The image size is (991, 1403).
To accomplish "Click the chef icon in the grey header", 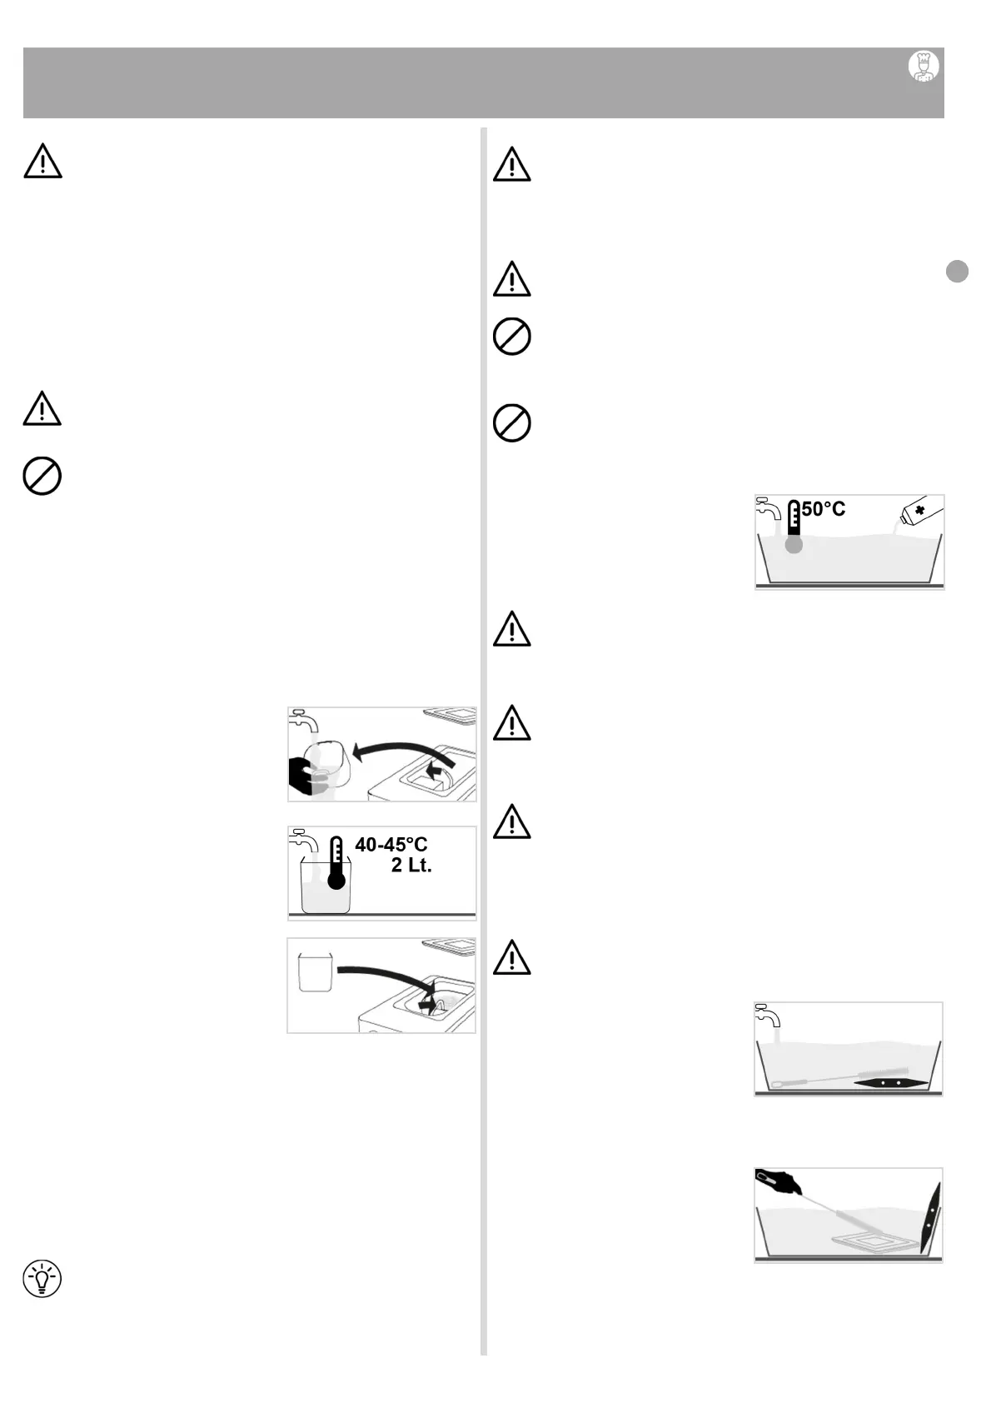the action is coord(923,67).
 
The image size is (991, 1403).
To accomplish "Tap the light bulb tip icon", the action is coord(42,1279).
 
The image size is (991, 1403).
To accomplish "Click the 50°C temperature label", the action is coord(824,509).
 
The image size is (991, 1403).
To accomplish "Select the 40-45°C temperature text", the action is coord(391,845).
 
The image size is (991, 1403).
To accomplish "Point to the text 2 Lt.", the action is coord(411,866).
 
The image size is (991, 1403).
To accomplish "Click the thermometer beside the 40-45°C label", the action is coord(336,864).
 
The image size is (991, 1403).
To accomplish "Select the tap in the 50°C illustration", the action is coord(768,507).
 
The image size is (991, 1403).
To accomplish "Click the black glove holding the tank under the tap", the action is coord(303,776).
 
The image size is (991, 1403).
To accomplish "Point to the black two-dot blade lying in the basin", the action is coord(889,1082).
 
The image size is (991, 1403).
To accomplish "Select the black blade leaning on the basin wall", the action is coord(931,1217).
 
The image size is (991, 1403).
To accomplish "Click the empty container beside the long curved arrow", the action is coord(315,971).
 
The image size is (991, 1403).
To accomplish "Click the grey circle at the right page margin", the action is coord(957,272).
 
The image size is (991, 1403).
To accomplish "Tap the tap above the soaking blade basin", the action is coord(767,1016).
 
